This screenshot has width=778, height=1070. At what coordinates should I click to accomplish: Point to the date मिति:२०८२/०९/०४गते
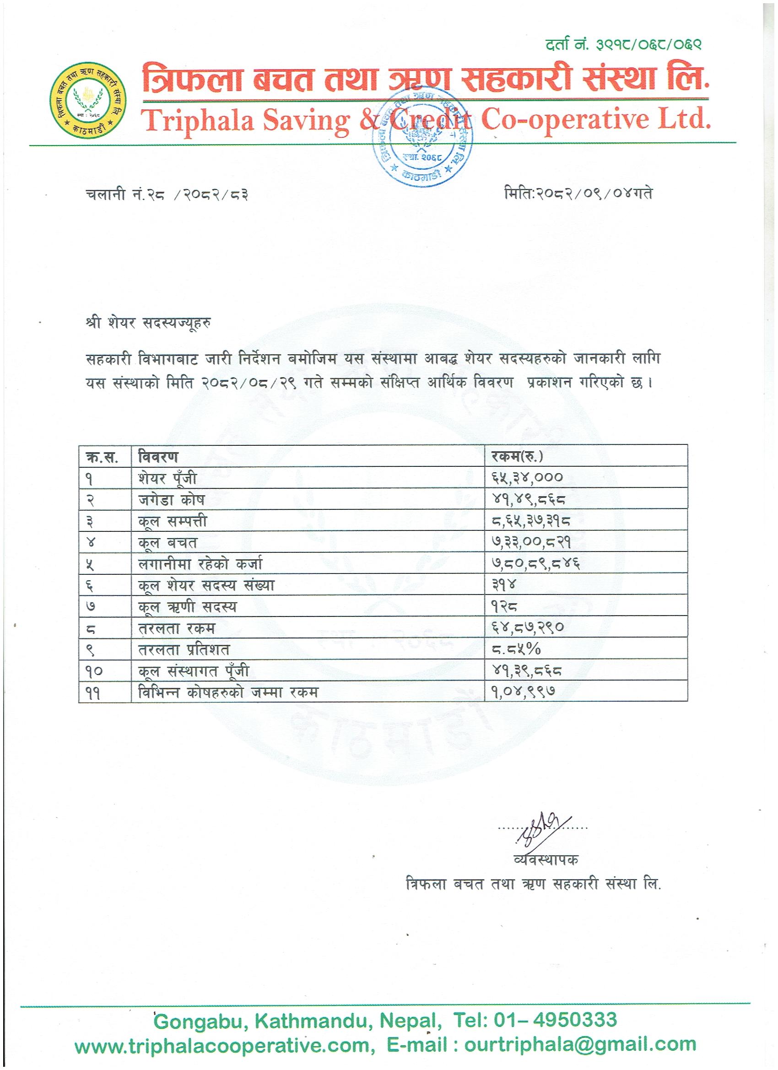click(578, 194)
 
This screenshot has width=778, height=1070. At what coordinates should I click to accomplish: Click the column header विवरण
click(158, 456)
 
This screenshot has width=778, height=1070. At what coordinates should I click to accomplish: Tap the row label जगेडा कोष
click(171, 499)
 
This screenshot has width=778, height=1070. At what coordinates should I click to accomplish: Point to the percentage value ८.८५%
click(515, 650)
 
